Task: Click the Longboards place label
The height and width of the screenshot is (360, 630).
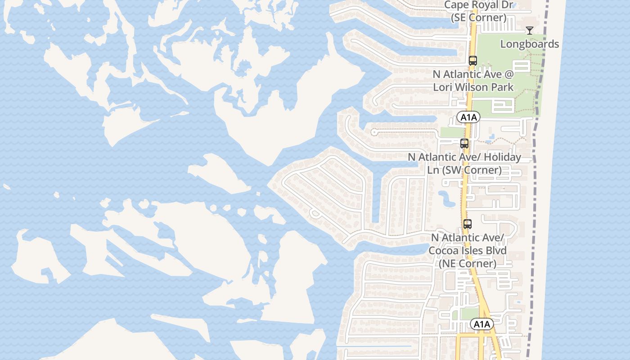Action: (x=530, y=44)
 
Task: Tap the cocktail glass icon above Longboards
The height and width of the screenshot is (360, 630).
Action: (x=530, y=31)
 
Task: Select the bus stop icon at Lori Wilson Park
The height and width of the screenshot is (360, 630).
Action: (x=472, y=61)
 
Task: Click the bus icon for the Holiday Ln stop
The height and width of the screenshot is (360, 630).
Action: (x=464, y=144)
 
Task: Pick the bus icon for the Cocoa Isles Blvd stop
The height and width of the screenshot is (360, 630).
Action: (x=468, y=224)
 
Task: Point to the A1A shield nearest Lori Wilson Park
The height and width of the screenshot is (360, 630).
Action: (x=468, y=117)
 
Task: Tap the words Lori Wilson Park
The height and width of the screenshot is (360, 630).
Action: (x=473, y=87)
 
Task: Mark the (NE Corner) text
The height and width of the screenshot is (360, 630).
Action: (x=468, y=264)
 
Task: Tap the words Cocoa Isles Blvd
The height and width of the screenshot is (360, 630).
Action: (x=468, y=251)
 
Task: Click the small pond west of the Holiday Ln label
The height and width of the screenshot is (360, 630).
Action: (x=446, y=198)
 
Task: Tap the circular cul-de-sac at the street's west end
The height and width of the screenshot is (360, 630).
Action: (x=373, y=132)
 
